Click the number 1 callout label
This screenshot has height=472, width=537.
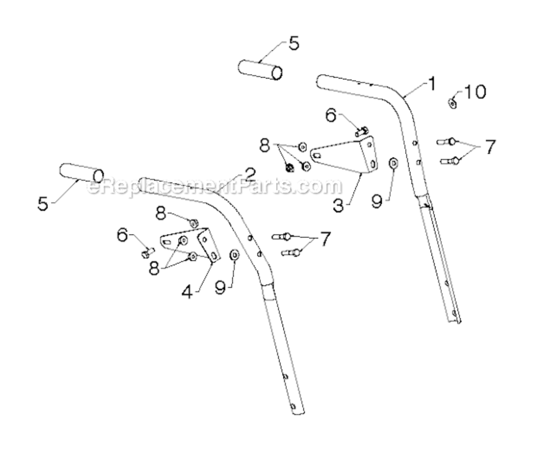(431, 82)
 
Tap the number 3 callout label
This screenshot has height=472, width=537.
(338, 205)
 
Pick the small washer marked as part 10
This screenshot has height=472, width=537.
(453, 103)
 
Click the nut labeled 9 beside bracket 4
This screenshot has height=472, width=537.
(234, 254)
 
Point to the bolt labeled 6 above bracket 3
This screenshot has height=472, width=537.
(362, 131)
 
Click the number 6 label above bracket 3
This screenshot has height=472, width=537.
(331, 115)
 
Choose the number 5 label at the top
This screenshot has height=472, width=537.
(294, 44)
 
